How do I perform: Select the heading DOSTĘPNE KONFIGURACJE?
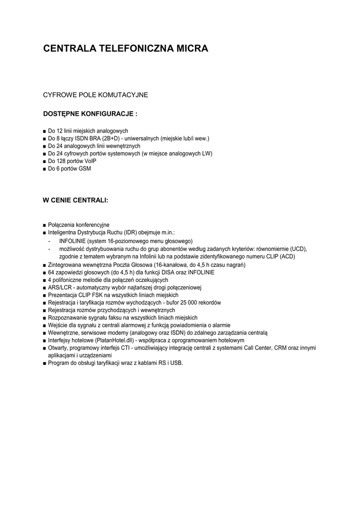pyautogui.click(x=90, y=114)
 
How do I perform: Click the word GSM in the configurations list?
pyautogui.click(x=85, y=169)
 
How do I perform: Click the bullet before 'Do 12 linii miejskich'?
pyautogui.click(x=45, y=131)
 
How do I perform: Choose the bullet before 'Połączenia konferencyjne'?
pyautogui.click(x=45, y=225)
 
